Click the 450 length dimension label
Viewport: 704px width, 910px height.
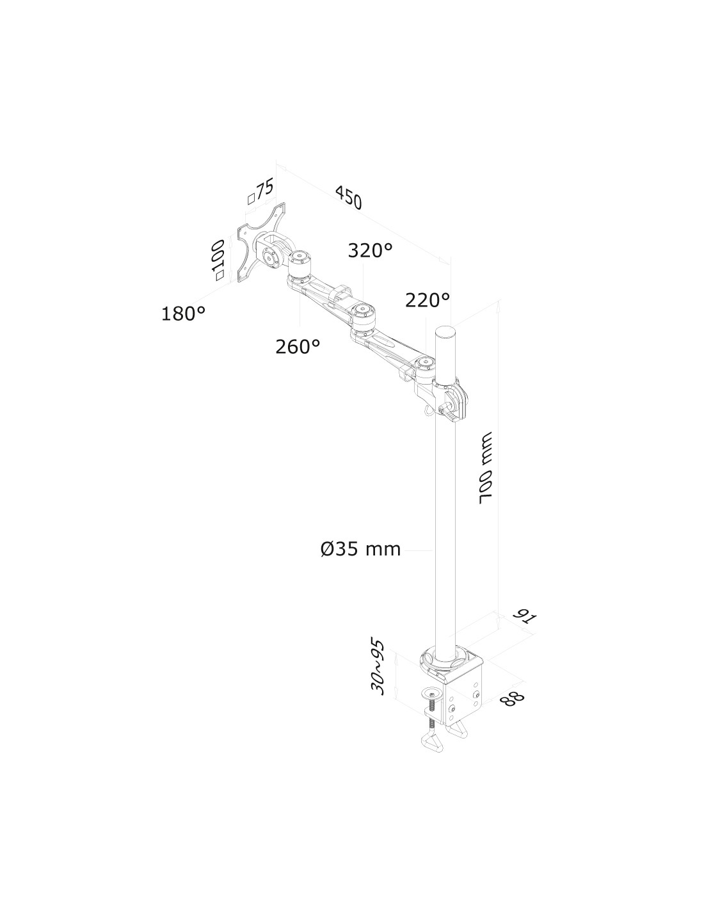347,197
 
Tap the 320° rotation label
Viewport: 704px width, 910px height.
370,250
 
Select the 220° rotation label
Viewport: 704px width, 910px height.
428,299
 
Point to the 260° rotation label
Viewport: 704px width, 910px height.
298,346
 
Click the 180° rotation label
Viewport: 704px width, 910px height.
183,314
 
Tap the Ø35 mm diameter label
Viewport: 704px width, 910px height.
360,548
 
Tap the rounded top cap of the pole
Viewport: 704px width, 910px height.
444,332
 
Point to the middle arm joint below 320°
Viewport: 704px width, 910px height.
363,316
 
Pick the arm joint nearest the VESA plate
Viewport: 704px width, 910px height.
298,262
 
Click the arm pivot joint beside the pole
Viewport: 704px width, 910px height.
426,368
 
